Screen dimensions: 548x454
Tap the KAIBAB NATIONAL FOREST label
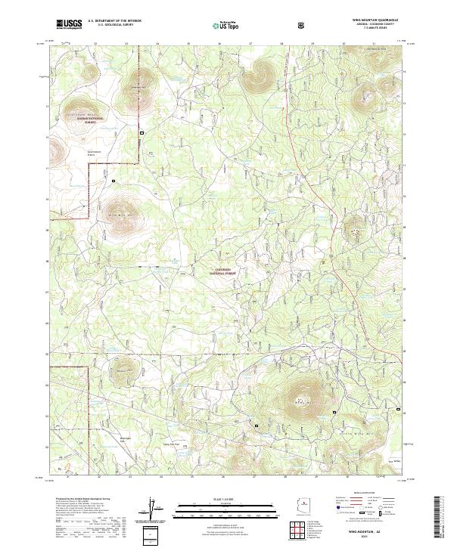[x=86, y=119]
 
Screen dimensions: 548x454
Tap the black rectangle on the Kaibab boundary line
[x=141, y=134]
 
